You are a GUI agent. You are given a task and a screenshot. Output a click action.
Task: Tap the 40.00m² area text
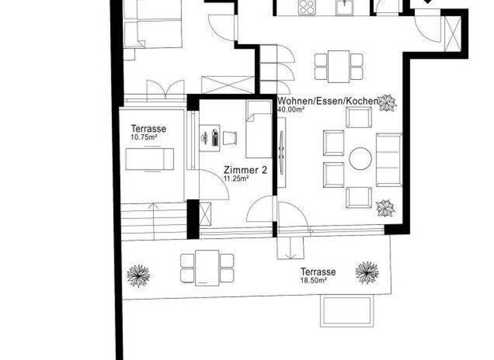pyautogui.click(x=291, y=109)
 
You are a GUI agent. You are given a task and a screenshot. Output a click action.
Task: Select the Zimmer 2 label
pyautogui.click(x=245, y=170)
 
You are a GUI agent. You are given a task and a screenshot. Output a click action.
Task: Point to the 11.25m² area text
pyautogui.click(x=236, y=179)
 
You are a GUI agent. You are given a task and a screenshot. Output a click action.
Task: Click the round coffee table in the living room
pyautogui.click(x=360, y=159)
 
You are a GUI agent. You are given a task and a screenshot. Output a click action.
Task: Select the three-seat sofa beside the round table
pyautogui.click(x=389, y=159)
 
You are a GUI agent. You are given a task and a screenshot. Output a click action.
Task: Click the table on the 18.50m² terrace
pyautogui.click(x=207, y=267)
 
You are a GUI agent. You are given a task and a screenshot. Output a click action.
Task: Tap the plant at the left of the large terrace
pyautogui.click(x=138, y=274)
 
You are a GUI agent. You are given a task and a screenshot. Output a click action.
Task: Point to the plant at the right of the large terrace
pyautogui.click(x=367, y=272)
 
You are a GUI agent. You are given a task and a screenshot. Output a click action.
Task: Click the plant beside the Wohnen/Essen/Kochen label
pyautogui.click(x=387, y=103)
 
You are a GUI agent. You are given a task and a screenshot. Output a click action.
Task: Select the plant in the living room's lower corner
pyautogui.click(x=385, y=208)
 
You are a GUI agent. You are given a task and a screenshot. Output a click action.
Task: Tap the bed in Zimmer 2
pyautogui.click(x=259, y=129)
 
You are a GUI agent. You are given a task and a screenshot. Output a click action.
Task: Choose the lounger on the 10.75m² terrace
pyautogui.click(x=150, y=159)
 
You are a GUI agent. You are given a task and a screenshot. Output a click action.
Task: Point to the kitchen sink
pyautogui.click(x=345, y=7)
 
